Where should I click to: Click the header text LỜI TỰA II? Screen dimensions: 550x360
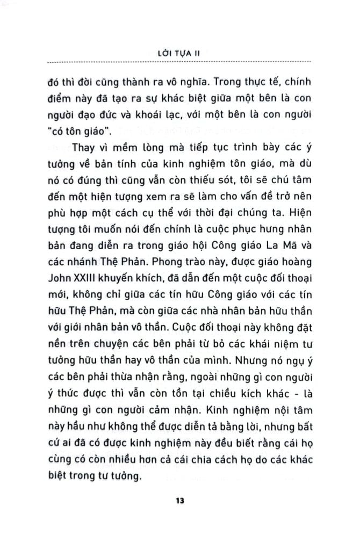pyautogui.click(x=179, y=53)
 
